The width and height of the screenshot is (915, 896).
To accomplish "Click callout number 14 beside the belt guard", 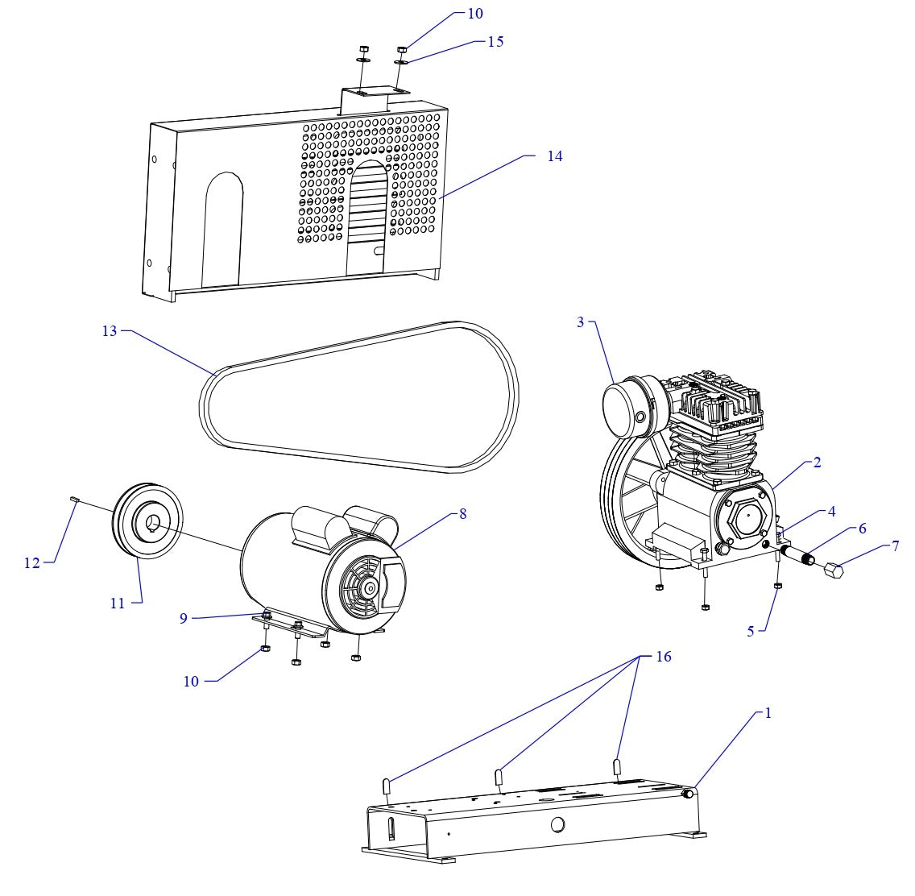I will point(554,156).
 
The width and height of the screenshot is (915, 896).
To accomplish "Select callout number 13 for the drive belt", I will point(110,331).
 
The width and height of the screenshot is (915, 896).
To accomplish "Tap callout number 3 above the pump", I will point(580,322).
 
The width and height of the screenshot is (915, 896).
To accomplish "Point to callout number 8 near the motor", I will point(462,513).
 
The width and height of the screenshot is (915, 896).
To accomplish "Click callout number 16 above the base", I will point(663,657).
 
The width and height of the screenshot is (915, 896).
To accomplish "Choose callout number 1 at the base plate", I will point(768,713).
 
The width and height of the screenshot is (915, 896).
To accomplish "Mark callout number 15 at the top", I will point(495,41).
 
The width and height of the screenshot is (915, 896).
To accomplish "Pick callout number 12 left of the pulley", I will point(31,563).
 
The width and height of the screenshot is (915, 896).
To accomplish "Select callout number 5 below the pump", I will point(751,632).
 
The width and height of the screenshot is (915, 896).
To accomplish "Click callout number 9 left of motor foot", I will point(184,618).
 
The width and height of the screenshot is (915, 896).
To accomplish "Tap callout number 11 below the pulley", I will point(118,602).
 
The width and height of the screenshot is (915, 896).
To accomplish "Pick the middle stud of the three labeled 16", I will point(499,778).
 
